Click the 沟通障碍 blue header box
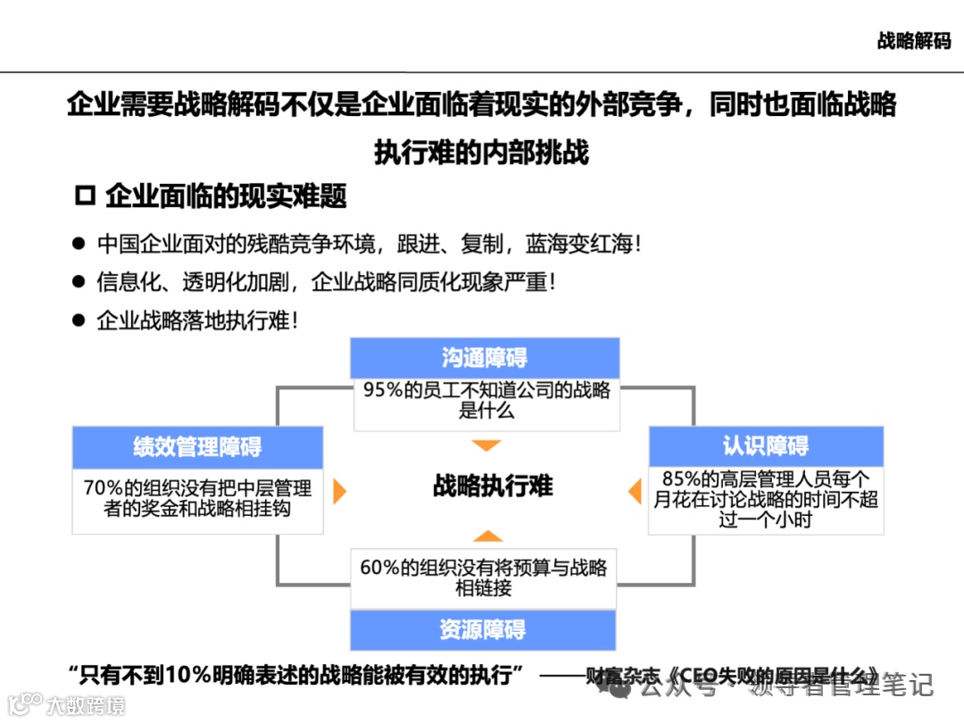coord(485,358)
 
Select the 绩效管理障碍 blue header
coord(197,447)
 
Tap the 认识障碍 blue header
coord(766,446)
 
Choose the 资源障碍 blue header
coord(483,629)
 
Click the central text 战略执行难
coord(493,486)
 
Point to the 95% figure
coord(381,390)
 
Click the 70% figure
coord(101,488)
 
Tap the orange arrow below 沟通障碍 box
coord(486,445)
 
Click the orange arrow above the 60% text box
coord(486,536)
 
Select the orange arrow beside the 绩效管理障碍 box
coord(338,491)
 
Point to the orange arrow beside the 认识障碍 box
coord(635,491)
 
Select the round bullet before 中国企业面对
coord(79,243)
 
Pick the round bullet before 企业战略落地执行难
coord(79,320)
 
